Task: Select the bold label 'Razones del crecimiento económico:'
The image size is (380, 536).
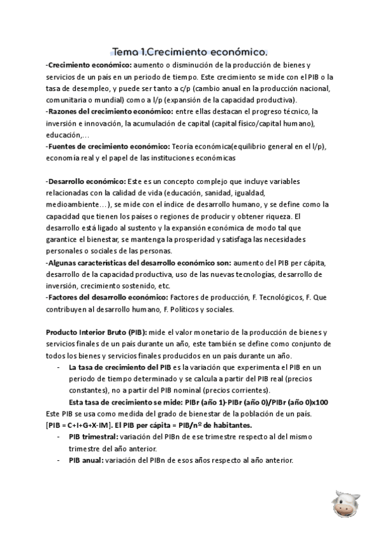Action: pos(101,111)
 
